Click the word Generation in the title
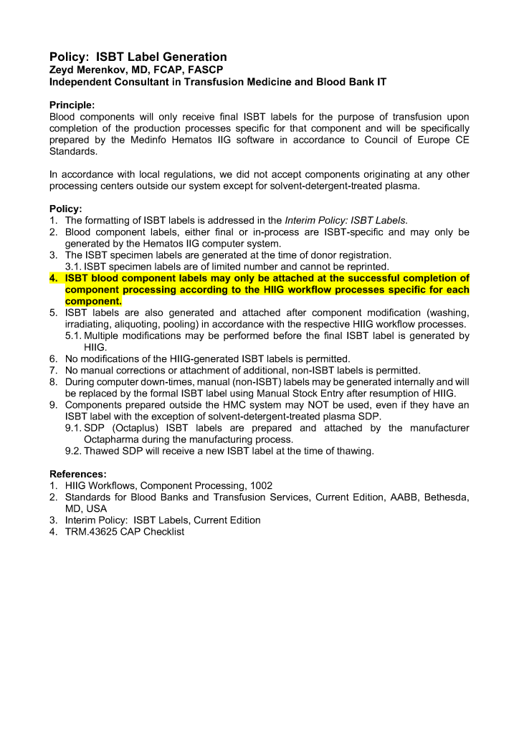194,57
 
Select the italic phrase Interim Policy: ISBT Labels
346,221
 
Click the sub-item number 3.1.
73,267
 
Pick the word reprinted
365,267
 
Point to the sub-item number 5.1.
73,335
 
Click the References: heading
77,475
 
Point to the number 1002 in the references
261,486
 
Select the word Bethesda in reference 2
446,497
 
